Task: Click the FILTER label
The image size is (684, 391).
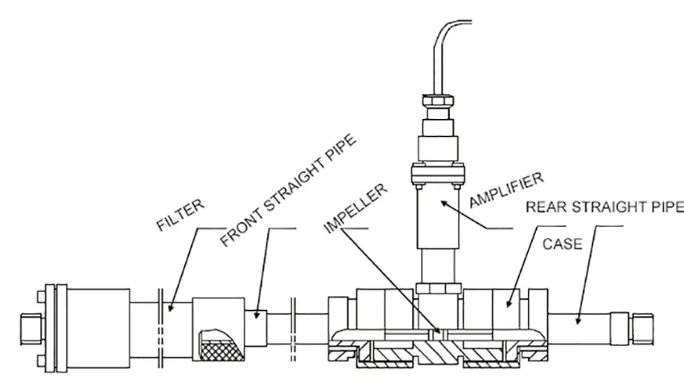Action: [180, 215]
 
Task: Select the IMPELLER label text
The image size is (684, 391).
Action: [356, 208]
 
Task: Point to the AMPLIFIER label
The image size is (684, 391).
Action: [506, 190]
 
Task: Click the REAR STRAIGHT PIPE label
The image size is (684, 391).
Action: [604, 207]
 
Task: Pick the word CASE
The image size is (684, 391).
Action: [562, 244]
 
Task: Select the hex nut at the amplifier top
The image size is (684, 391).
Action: [438, 101]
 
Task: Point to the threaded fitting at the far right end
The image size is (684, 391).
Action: [641, 329]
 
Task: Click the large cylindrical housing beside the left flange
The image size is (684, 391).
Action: [99, 327]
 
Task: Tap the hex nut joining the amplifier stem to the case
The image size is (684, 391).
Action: [439, 288]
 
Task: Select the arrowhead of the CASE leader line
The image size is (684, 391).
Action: [509, 303]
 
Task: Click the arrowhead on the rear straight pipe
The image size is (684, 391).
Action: [578, 321]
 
